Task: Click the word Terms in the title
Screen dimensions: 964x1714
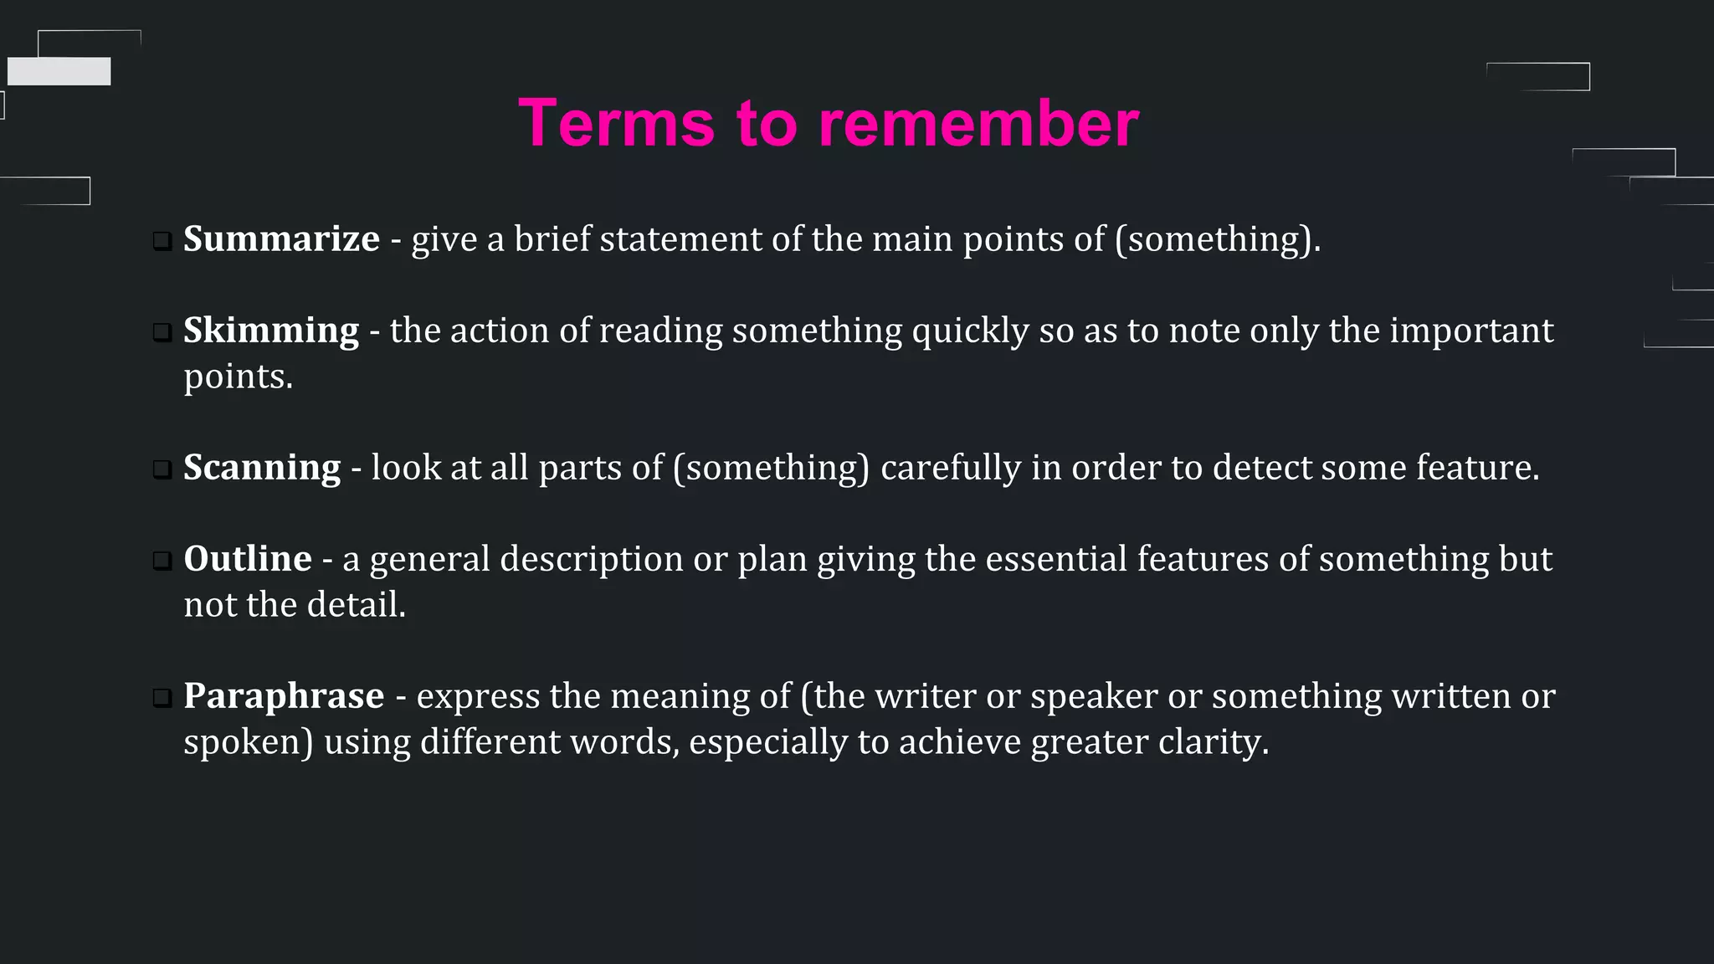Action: click(x=616, y=124)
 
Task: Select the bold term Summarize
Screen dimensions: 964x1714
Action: click(x=281, y=239)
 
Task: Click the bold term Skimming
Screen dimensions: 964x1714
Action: click(x=270, y=331)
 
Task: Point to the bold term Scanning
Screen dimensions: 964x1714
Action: click(x=261, y=468)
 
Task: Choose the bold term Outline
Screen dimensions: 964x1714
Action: click(x=247, y=559)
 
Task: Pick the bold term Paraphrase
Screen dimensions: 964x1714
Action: click(x=284, y=696)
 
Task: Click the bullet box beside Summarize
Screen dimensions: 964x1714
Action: click(x=162, y=243)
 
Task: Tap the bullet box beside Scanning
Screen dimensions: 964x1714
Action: click(x=162, y=470)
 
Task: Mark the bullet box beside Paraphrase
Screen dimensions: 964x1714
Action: click(x=162, y=699)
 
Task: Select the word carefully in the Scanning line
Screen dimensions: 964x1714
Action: click(x=951, y=469)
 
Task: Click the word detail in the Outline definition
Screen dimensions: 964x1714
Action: click(x=355, y=605)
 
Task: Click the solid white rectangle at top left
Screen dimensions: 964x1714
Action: click(x=59, y=71)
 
